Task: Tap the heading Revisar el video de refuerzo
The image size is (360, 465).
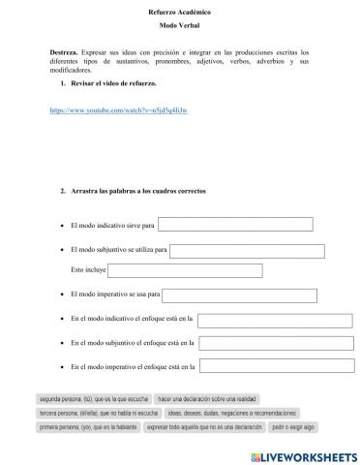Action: [x=112, y=85]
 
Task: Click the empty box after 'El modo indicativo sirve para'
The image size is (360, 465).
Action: [x=235, y=225]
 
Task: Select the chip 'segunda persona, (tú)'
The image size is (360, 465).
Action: [x=92, y=399]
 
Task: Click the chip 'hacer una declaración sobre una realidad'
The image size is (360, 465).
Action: [x=208, y=399]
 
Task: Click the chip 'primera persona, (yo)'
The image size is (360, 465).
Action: [x=87, y=426]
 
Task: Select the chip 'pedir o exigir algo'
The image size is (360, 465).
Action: [x=293, y=426]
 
